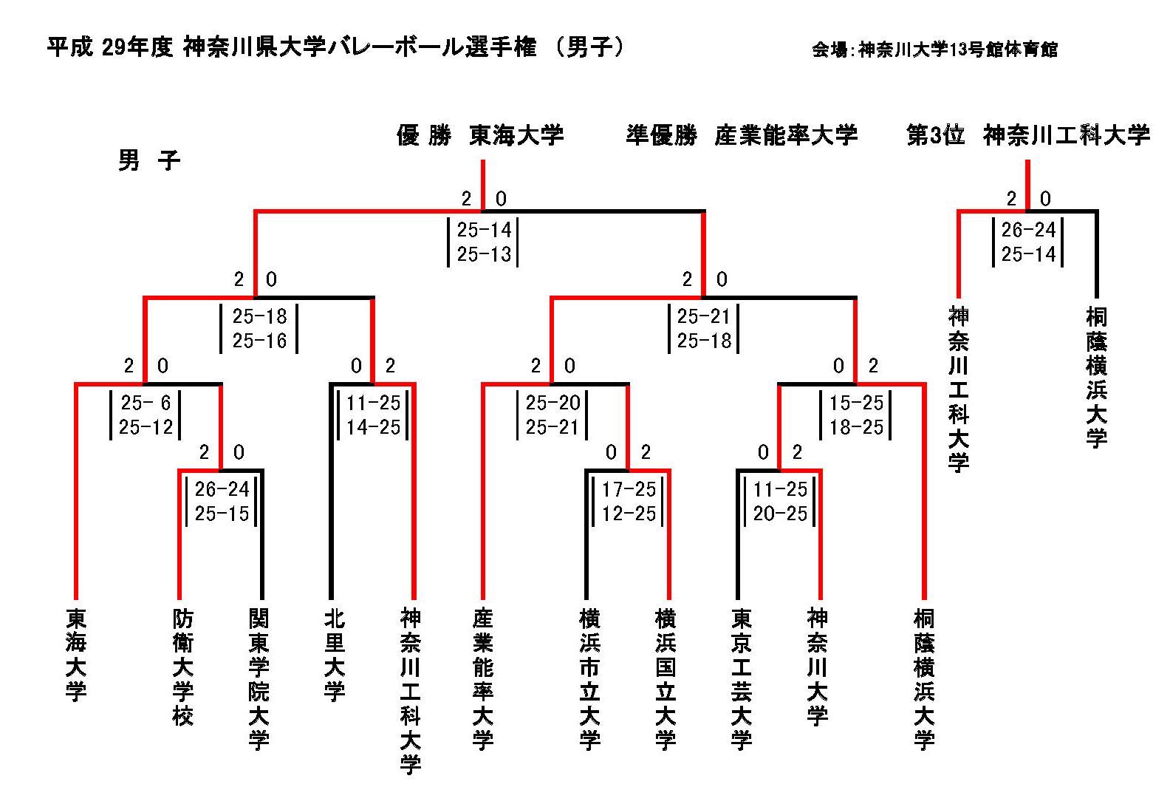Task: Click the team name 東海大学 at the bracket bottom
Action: pos(76,655)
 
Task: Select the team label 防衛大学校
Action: pos(183,667)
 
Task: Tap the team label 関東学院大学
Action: pos(259,679)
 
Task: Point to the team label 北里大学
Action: pos(335,655)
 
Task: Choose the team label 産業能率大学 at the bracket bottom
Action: pos(483,679)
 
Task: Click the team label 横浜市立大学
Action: pos(590,679)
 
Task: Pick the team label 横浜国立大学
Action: pos(666,679)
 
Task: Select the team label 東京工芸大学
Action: pos(742,679)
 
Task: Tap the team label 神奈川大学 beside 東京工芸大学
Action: pos(818,667)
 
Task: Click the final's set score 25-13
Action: pos(484,254)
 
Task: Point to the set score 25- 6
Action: pos(146,403)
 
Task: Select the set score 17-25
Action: pos(629,489)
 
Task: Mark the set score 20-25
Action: pos(780,514)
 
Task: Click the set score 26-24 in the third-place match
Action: pos(1028,230)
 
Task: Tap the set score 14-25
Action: pos(373,427)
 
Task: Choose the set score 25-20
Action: pos(552,403)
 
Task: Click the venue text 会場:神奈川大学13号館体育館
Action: pos(934,50)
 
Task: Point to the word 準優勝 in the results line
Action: pos(661,135)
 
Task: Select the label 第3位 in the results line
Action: pos(935,135)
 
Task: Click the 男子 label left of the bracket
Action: pos(149,160)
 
